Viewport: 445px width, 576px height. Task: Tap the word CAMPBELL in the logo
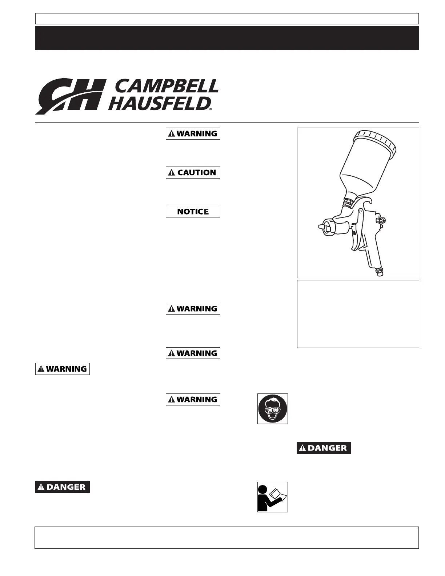(167, 86)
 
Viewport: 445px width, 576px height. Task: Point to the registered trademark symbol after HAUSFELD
(211, 109)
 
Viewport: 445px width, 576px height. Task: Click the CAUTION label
(193, 172)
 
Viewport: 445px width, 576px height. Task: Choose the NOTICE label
(193, 212)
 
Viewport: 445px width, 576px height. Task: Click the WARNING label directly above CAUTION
(193, 133)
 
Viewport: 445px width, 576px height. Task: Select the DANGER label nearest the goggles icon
(324, 448)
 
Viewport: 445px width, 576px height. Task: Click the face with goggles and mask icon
(273, 408)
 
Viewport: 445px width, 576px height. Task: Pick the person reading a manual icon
(273, 497)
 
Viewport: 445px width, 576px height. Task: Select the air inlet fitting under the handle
(380, 272)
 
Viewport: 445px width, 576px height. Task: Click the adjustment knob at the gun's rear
(382, 220)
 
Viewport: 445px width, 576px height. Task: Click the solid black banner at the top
(227, 37)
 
